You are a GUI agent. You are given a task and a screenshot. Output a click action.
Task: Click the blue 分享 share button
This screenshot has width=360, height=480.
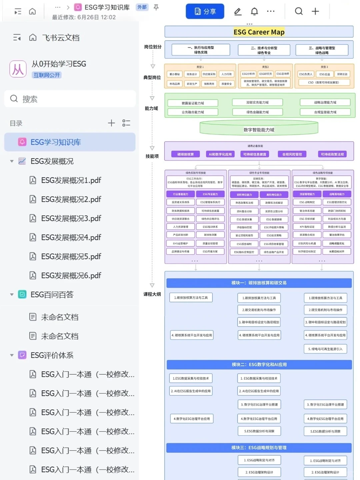tap(205, 11)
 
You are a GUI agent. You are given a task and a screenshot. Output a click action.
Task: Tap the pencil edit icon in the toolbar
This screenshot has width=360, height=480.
tap(238, 12)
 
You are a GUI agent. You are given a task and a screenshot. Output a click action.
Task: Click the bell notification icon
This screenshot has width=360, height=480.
tap(254, 12)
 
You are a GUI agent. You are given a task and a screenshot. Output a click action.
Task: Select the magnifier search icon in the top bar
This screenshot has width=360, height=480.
tap(299, 11)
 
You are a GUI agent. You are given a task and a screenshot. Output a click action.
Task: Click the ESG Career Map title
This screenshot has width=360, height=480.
tap(259, 32)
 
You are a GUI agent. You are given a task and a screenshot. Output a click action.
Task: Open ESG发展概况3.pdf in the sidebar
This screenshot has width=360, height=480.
tap(71, 218)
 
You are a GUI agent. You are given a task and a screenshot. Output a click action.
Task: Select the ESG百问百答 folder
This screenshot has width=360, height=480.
tap(52, 295)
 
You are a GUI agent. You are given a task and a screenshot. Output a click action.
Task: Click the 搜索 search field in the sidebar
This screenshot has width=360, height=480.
tap(70, 99)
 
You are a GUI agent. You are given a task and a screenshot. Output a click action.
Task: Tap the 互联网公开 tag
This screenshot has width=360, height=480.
tap(47, 75)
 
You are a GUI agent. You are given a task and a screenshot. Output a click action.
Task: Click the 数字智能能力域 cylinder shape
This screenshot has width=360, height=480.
tap(259, 130)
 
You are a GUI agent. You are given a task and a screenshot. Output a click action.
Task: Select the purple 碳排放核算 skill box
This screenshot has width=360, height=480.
tap(185, 154)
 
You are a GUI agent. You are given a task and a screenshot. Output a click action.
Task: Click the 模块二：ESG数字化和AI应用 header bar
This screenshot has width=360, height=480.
tap(259, 364)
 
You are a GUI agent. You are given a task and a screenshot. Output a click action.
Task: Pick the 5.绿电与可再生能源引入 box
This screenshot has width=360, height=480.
tap(325, 349)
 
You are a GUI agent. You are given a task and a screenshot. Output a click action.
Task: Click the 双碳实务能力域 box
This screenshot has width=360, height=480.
tap(257, 102)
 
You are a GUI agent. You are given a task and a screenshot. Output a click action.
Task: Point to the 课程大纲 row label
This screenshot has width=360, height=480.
tap(152, 294)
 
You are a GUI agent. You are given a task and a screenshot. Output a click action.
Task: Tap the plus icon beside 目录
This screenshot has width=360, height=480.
tap(111, 123)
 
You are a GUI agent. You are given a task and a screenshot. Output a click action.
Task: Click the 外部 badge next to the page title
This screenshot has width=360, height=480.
tap(142, 7)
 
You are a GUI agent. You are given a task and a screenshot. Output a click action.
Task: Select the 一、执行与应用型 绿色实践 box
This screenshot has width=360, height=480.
tap(201, 50)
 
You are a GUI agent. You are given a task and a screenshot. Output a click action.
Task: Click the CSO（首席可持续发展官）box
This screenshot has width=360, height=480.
tap(323, 82)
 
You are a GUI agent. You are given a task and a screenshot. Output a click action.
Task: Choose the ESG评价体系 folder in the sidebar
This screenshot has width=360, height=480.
tap(52, 355)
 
